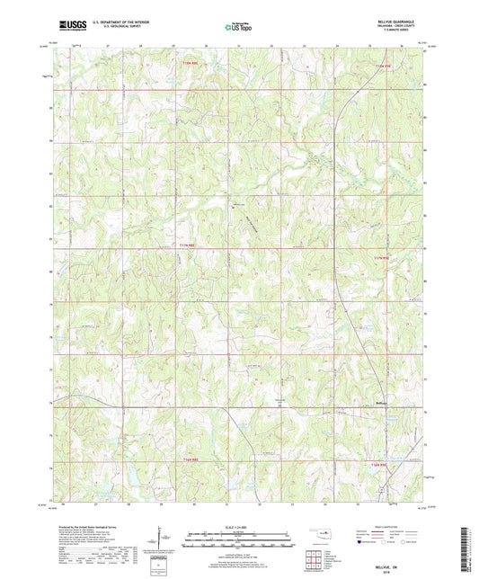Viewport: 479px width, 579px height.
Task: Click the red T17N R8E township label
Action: [186, 244]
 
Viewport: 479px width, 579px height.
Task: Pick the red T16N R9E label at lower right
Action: [379, 465]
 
